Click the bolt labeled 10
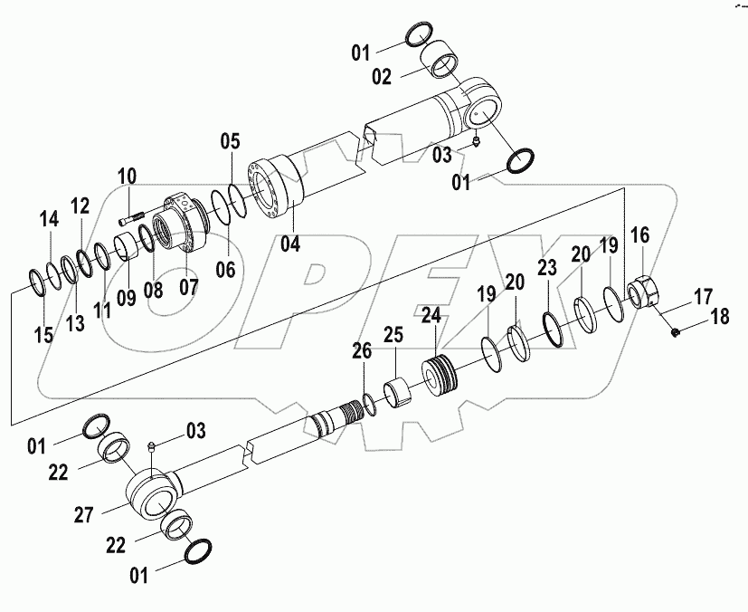[132, 216]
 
